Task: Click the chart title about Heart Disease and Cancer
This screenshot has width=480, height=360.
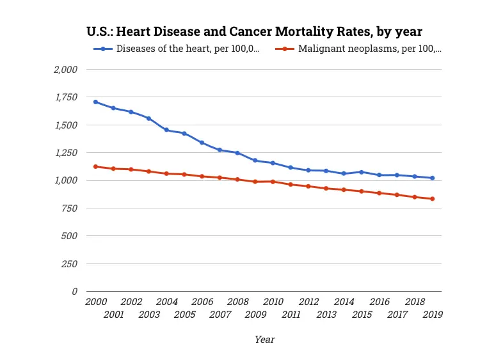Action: (254, 31)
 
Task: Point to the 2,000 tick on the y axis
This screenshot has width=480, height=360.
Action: (64, 69)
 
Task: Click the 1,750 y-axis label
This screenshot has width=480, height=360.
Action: (65, 97)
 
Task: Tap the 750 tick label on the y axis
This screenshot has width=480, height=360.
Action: (68, 208)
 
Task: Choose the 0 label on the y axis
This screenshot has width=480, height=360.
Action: (74, 291)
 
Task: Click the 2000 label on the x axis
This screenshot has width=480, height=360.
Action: (96, 302)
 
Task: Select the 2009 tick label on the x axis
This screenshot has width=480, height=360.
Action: (255, 314)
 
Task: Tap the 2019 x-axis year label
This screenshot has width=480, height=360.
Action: (433, 314)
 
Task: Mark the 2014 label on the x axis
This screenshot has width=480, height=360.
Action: (344, 302)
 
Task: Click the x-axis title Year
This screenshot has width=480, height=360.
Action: (264, 340)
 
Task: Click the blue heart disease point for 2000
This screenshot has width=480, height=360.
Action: (95, 102)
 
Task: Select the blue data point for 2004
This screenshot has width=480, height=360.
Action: (166, 130)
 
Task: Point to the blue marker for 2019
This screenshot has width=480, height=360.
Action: (432, 178)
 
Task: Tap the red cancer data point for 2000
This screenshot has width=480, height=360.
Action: (95, 166)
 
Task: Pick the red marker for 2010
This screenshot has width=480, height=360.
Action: (273, 182)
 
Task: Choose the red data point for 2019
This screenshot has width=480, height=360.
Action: (432, 199)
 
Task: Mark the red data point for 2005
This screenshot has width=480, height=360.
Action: (184, 175)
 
